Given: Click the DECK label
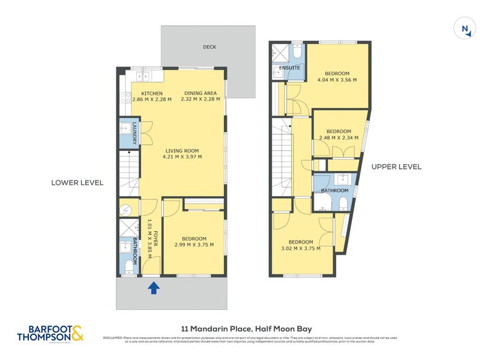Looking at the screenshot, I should pos(209,47).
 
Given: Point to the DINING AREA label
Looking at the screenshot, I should pos(200,94).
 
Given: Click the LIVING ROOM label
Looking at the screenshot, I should pos(182,150).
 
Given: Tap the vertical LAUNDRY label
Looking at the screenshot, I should pos(132,134).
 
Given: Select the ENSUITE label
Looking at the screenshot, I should pos(289,67).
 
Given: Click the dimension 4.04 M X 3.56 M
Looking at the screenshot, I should pos(336,80).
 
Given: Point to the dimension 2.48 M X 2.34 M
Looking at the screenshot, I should pos(338,137).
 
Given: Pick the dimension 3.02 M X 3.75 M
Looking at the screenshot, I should pos(301,248).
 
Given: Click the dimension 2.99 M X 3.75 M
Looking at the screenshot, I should pos(194,245).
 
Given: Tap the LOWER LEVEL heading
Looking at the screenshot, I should pos(78,182).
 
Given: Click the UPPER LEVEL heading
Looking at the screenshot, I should pos(396,166).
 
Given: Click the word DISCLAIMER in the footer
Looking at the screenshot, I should pos(113,338).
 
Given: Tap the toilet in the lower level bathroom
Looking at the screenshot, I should pos(128,266).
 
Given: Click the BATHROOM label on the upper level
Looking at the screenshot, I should pos(335,191).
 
